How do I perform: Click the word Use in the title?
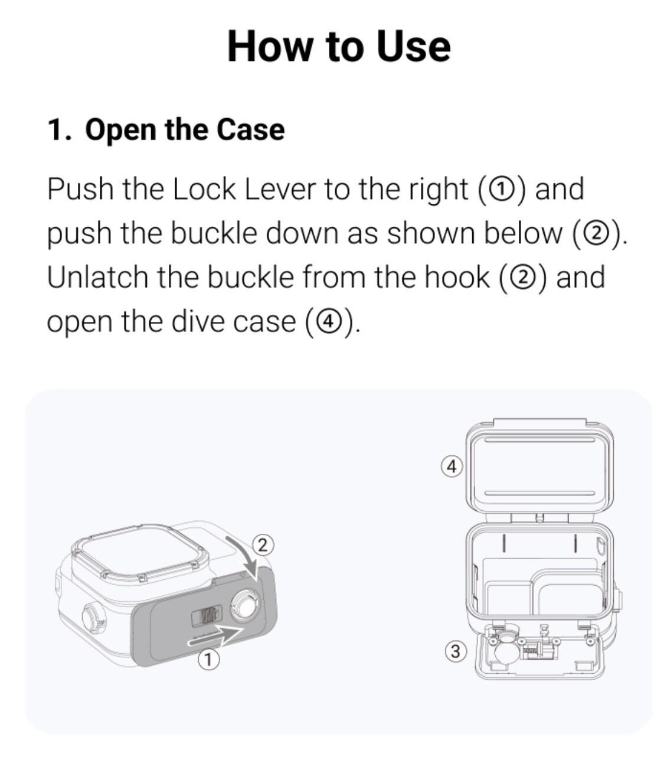pyautogui.click(x=413, y=47)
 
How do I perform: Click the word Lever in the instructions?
pyautogui.click(x=280, y=189)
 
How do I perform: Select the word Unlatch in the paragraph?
pyautogui.click(x=97, y=277)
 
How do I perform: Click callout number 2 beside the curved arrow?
pyautogui.click(x=263, y=545)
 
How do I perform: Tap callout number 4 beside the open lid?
pyautogui.click(x=452, y=467)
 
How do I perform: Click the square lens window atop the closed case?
pyautogui.click(x=139, y=553)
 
